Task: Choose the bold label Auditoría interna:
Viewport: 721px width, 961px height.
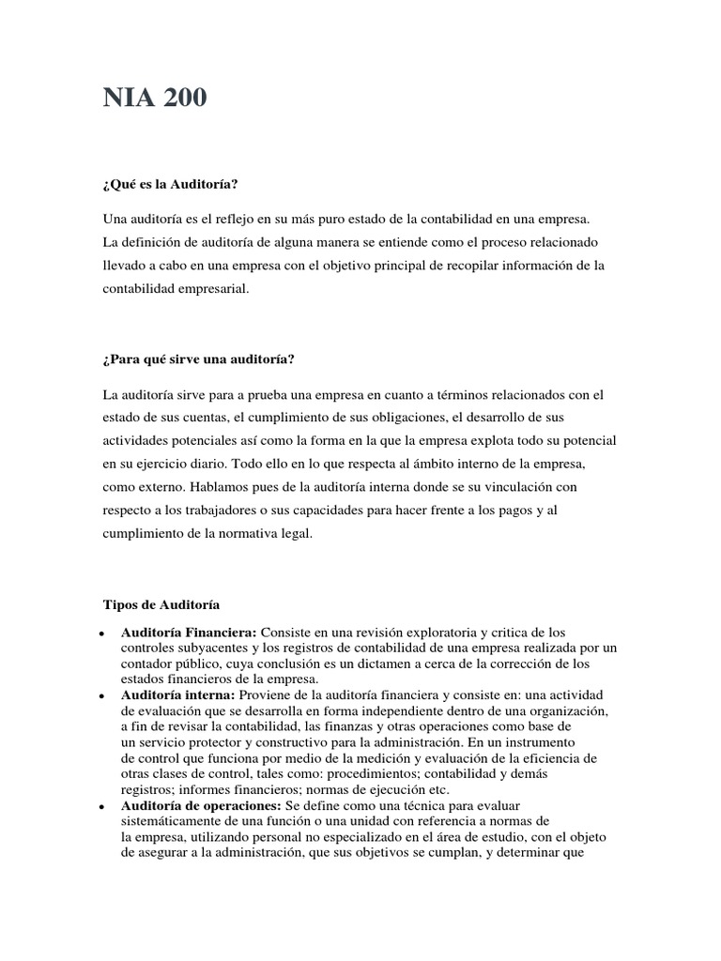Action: click(177, 694)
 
